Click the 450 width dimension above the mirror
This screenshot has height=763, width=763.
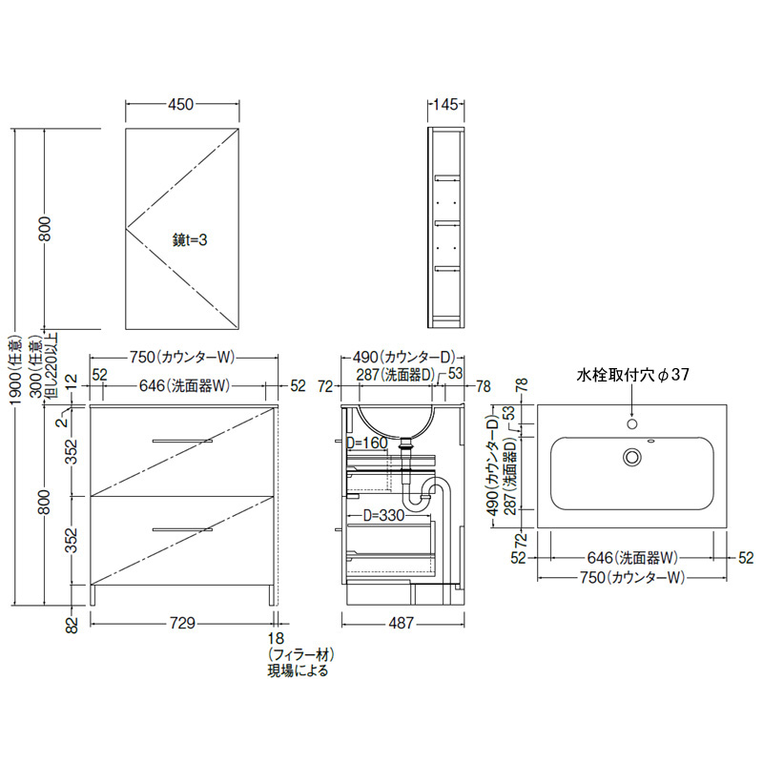(x=181, y=104)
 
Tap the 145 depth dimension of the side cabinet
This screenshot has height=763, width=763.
(x=445, y=104)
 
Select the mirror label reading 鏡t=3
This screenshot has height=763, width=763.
(x=190, y=239)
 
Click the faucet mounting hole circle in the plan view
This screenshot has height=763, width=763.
(x=632, y=423)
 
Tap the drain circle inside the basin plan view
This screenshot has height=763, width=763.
(x=632, y=457)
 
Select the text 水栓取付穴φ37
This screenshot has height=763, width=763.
(x=632, y=374)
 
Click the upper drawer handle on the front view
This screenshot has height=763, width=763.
(x=182, y=442)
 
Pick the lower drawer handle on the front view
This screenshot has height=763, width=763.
(x=182, y=529)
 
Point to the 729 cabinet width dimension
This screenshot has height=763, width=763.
(x=182, y=623)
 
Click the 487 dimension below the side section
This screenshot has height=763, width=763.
(x=402, y=623)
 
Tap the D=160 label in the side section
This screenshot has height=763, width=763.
(x=367, y=443)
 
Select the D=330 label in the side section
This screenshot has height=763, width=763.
(x=384, y=515)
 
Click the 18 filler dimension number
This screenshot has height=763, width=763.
(x=276, y=638)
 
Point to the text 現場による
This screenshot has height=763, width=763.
(x=298, y=670)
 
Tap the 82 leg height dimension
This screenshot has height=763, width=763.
(x=72, y=625)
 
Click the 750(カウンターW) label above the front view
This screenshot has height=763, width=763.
(x=182, y=357)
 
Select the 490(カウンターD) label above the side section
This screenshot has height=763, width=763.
(x=403, y=357)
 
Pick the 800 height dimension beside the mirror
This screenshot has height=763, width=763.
(x=45, y=228)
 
